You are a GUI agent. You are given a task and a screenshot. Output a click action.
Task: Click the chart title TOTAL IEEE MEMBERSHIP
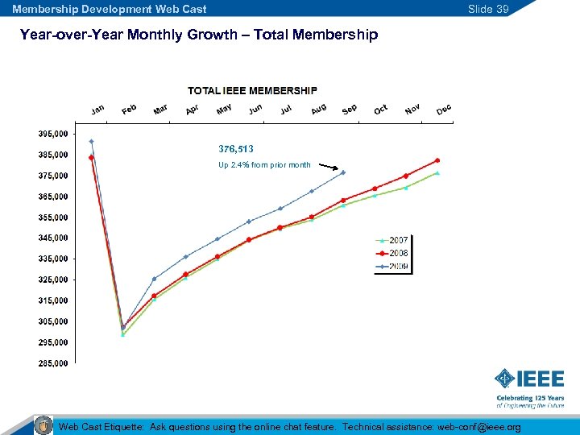coord(252,90)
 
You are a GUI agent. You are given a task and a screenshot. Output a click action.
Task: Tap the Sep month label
coord(349,110)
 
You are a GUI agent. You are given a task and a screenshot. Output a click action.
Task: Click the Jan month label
coord(97,110)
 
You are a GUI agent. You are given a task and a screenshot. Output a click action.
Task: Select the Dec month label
coord(443,110)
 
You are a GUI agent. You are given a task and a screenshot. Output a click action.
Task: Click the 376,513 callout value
coord(236,149)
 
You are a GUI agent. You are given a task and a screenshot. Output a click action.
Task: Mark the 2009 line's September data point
coord(343,172)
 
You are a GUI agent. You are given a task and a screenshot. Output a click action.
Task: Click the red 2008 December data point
coord(437,160)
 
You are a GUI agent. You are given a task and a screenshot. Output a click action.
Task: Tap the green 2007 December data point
coord(437,172)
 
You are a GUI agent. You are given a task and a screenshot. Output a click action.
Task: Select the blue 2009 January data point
coord(92,142)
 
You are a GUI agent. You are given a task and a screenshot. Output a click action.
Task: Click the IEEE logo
coord(528,378)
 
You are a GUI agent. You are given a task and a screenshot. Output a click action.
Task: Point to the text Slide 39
coord(489,9)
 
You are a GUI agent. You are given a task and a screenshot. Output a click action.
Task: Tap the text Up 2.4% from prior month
coord(264,165)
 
